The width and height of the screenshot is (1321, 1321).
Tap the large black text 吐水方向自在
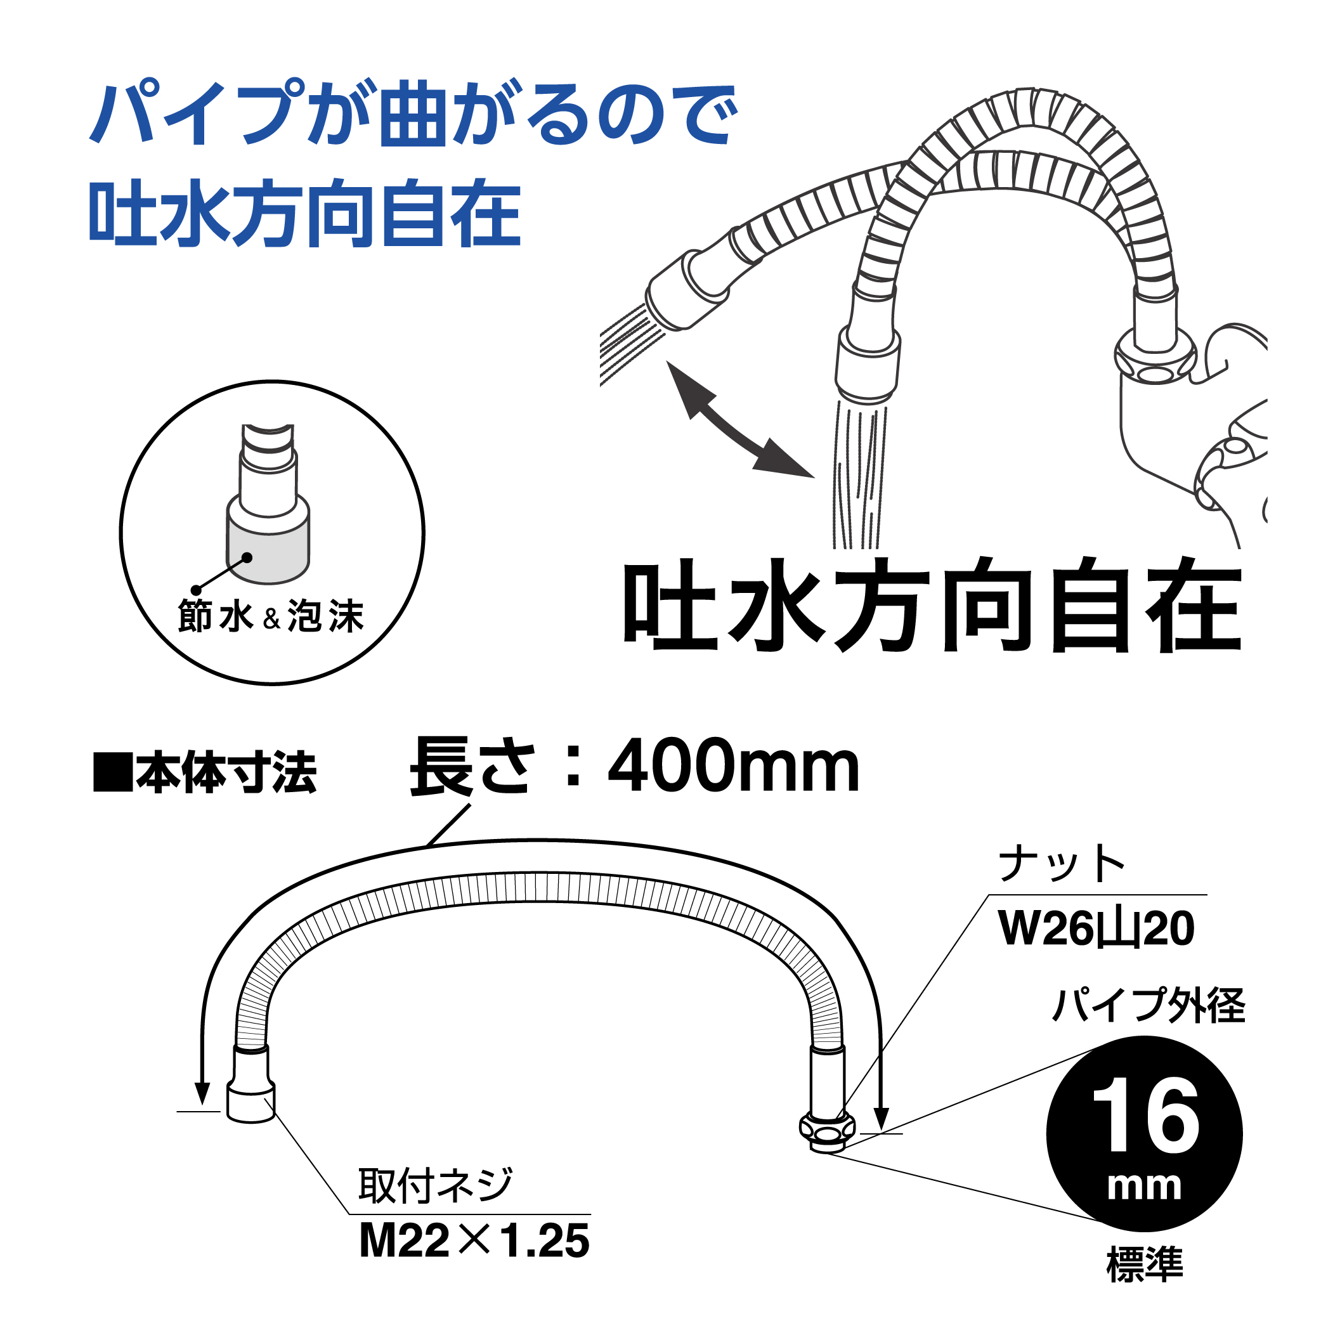(x=933, y=605)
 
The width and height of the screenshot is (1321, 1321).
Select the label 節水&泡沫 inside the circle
(x=271, y=616)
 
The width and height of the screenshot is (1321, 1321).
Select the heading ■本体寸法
(x=205, y=772)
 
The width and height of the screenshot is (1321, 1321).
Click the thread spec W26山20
(x=1096, y=928)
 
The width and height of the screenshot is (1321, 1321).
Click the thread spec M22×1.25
(x=474, y=1241)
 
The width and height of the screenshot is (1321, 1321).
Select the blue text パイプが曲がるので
(x=413, y=113)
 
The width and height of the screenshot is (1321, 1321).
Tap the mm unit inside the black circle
(x=1145, y=1185)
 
